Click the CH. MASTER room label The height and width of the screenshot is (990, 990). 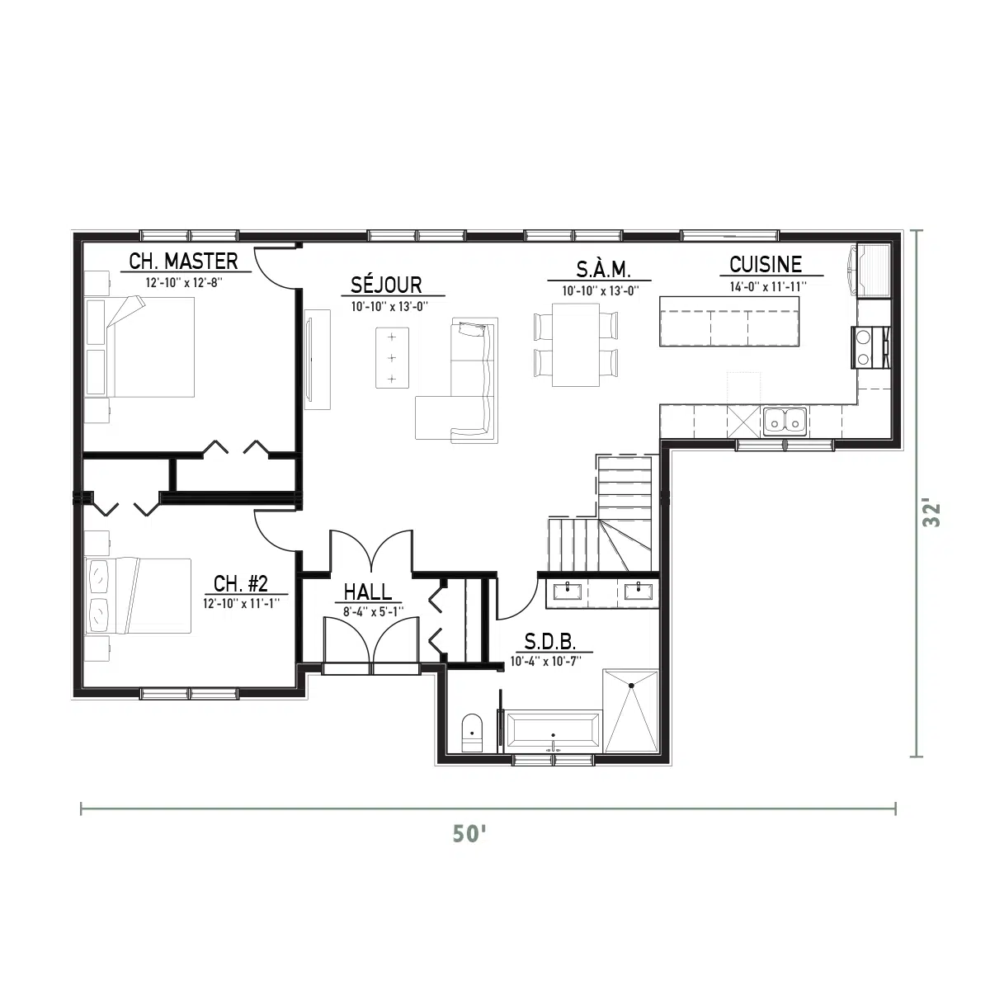(x=183, y=261)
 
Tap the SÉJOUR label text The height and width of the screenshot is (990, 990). (x=386, y=285)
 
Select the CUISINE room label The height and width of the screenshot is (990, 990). (x=766, y=265)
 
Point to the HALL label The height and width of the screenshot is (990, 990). (x=367, y=592)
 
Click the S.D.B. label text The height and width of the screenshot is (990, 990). (x=549, y=642)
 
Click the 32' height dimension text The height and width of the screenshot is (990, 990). (x=931, y=514)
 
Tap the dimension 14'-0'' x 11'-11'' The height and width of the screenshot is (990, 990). (x=768, y=286)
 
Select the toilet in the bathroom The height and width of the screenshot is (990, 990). (x=472, y=733)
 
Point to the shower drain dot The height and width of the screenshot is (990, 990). (x=631, y=685)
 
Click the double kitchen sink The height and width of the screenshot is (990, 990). (x=785, y=422)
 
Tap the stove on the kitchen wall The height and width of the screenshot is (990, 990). (x=870, y=347)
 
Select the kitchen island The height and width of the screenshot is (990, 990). (x=729, y=322)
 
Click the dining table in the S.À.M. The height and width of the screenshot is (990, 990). (x=575, y=344)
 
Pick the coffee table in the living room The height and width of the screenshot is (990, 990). (x=392, y=357)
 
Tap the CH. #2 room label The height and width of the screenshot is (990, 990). (x=240, y=583)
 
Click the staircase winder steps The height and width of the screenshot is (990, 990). (x=625, y=544)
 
